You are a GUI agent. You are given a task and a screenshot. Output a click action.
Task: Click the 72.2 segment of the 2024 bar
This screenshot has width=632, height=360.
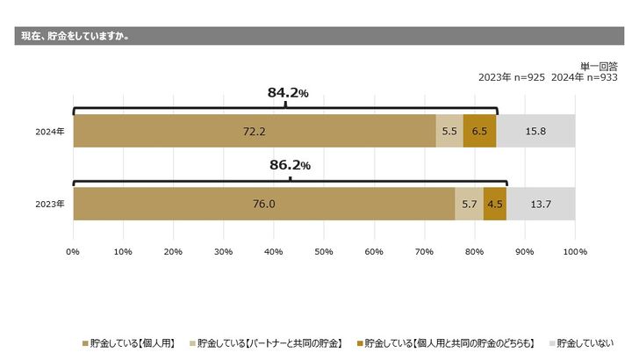255,131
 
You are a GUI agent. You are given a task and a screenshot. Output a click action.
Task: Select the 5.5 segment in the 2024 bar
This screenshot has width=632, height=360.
449,131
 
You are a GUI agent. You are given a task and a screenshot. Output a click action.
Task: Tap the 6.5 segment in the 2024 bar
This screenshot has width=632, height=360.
479,131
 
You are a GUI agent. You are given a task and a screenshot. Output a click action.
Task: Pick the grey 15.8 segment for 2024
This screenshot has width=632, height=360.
535,131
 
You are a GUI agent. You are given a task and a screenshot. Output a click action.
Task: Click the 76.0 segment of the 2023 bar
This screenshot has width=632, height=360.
263,204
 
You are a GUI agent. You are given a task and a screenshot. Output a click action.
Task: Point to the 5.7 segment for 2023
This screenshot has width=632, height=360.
469,204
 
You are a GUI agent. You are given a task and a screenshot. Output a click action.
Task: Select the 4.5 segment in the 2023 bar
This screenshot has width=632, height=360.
495,204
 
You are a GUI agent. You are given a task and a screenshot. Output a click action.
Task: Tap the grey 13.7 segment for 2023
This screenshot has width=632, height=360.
541,204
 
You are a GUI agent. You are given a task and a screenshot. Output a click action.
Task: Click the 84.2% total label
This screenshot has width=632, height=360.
288,92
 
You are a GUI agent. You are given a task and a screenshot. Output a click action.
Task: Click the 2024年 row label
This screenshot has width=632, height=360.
50,132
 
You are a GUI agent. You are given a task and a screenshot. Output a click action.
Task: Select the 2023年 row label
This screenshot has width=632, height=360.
50,205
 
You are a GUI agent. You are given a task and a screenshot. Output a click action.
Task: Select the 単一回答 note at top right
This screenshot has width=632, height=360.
599,65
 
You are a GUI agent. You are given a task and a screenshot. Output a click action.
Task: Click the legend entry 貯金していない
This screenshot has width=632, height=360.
585,342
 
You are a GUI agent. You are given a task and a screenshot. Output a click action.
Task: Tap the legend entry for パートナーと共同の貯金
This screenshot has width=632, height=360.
268,342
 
